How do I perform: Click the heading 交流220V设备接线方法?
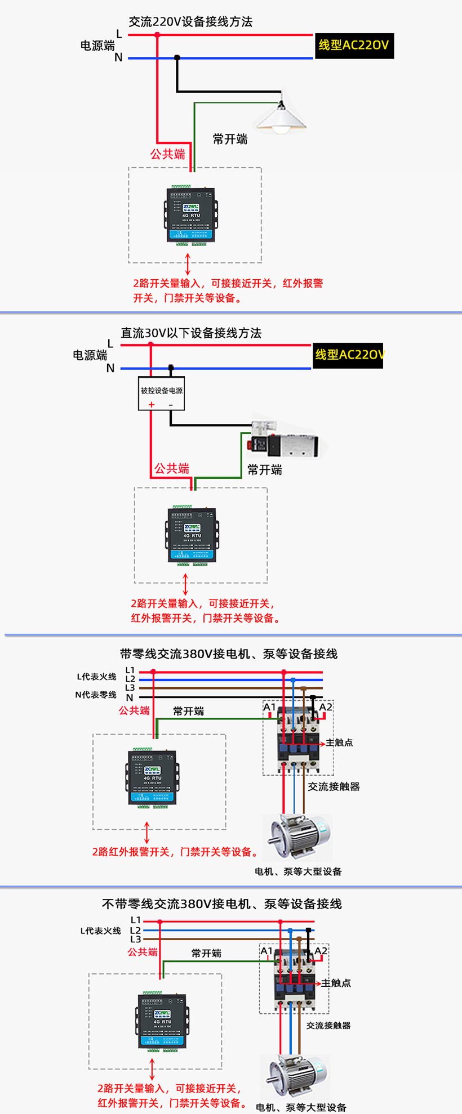tap(190, 22)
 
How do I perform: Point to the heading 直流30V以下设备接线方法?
tap(191, 333)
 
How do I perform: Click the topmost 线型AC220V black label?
tap(354, 46)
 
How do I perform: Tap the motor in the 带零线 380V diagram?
tap(297, 837)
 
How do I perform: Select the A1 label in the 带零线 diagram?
tap(269, 707)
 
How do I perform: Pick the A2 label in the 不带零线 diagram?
tap(321, 951)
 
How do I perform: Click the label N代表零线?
tap(95, 695)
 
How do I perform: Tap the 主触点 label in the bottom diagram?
tap(336, 983)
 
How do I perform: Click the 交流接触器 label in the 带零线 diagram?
tap(334, 786)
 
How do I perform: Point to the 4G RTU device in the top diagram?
tap(192, 216)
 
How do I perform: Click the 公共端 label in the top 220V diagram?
tap(167, 154)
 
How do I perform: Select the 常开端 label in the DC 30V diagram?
tap(264, 470)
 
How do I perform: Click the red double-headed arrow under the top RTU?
tap(188, 265)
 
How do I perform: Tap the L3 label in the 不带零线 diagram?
tap(135, 939)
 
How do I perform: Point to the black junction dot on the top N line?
tap(177, 57)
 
